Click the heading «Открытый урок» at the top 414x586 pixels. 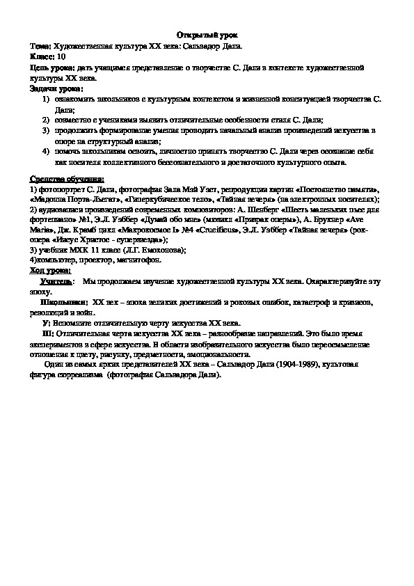click(x=206, y=34)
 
